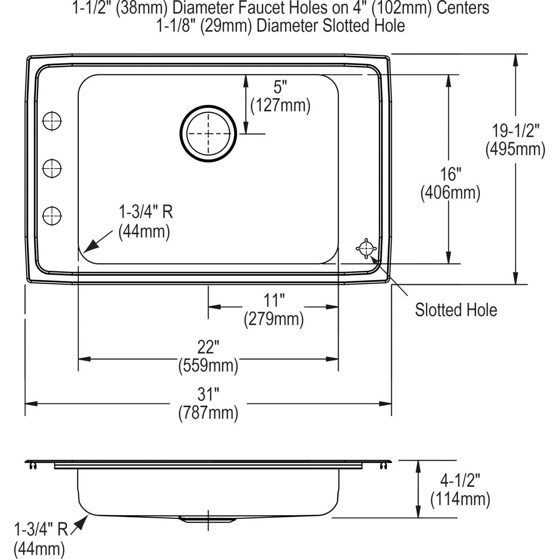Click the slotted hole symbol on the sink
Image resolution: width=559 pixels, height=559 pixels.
click(366, 248)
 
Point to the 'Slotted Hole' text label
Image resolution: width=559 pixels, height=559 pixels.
click(456, 310)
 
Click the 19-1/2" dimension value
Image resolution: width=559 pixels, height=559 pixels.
click(516, 131)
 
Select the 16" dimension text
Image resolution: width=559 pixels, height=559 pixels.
click(450, 174)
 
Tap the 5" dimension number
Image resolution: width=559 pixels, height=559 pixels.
click(280, 87)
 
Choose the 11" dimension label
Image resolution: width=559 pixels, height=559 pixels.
click(274, 300)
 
